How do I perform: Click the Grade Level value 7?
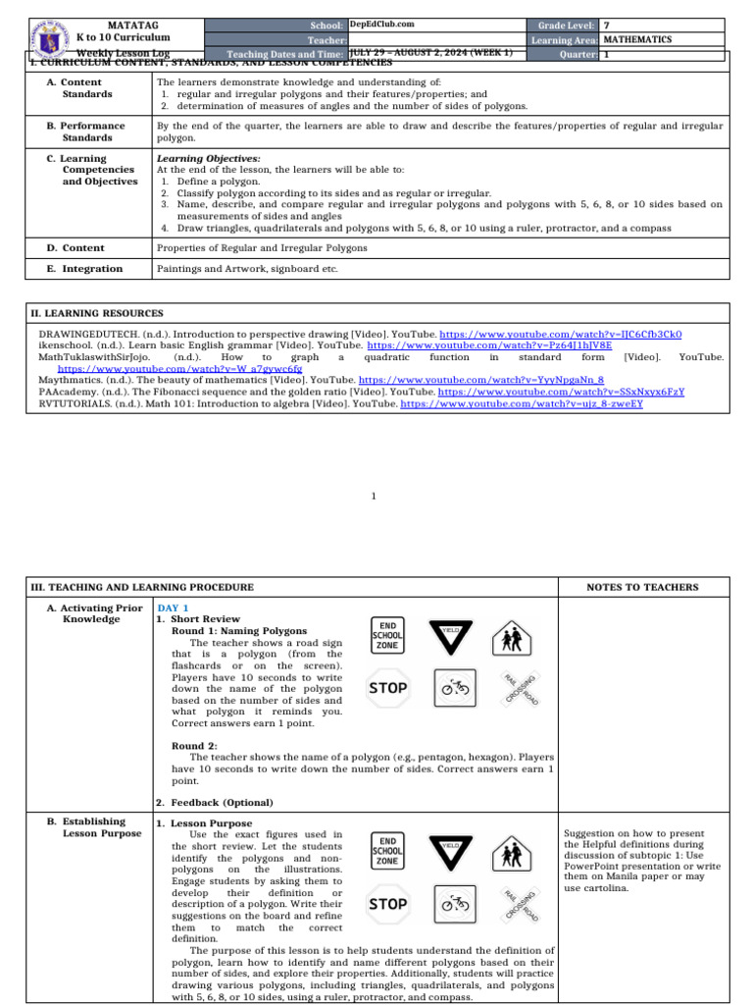click(607, 25)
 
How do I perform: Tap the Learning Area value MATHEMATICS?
click(637, 39)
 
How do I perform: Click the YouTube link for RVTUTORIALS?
click(522, 403)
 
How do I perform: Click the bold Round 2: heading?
click(194, 746)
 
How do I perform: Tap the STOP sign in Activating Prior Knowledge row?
click(388, 688)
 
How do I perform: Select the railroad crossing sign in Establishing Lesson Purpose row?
click(520, 904)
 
